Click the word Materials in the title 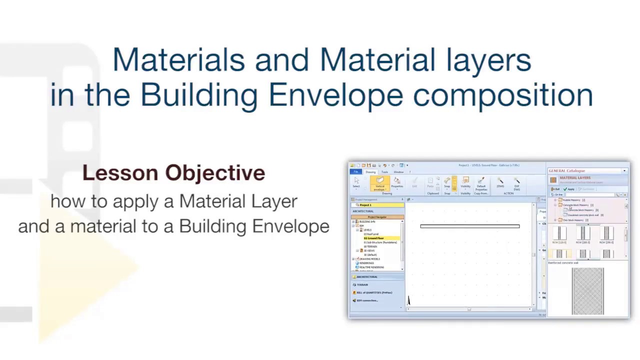(178, 59)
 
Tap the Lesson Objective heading (173, 173)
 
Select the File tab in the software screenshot (355, 172)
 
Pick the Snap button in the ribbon (447, 184)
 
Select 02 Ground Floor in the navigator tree (374, 238)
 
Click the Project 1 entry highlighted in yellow (366, 205)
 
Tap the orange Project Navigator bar (377, 217)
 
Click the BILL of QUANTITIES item (374, 292)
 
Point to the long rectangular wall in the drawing (469, 226)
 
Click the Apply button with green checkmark (569, 189)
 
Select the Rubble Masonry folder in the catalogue (571, 200)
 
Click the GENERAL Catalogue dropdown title (567, 171)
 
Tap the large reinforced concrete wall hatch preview (587, 291)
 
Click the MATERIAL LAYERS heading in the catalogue (575, 178)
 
